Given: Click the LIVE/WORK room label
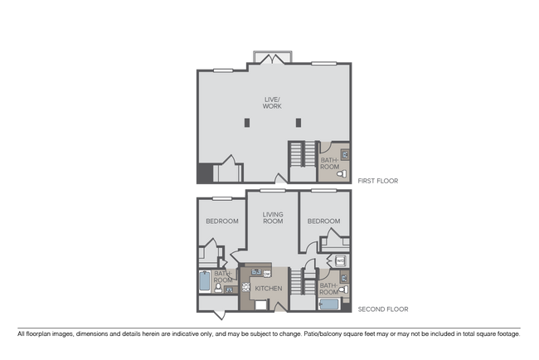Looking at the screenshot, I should click(272, 103).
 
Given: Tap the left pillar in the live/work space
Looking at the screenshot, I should click(246, 124).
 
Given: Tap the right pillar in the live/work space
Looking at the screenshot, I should click(298, 124).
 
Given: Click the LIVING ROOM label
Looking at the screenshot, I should click(273, 218).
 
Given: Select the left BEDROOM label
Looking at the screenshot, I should click(222, 221).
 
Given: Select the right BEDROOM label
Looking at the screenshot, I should click(323, 221).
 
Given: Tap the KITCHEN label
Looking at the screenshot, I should click(269, 289).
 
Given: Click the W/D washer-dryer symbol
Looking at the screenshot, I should click(341, 262).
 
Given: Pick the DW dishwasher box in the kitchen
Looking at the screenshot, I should click(268, 273).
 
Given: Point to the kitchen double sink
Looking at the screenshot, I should click(257, 270).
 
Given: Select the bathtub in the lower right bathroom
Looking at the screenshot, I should click(328, 304).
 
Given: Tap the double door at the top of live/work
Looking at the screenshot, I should click(271, 58).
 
